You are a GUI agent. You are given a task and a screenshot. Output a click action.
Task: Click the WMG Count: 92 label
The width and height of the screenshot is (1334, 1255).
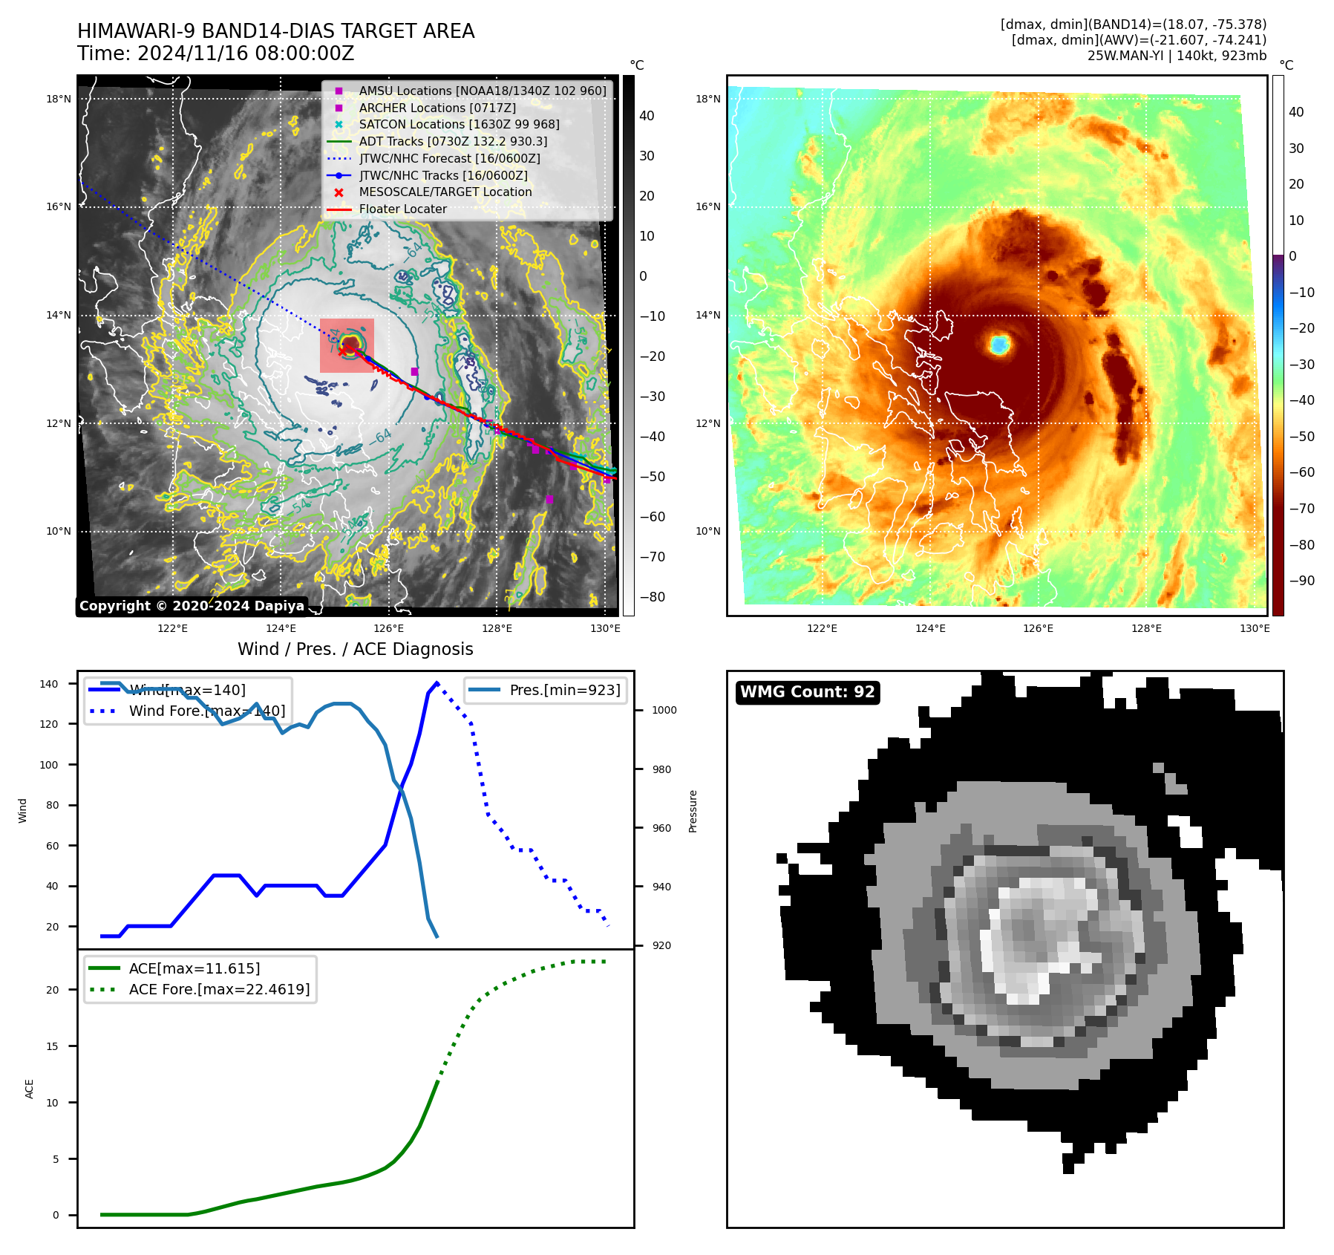point(807,692)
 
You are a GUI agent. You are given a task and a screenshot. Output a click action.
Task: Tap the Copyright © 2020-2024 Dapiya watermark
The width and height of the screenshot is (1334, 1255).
point(192,606)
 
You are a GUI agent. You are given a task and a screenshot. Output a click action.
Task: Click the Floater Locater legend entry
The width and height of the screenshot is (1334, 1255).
point(402,209)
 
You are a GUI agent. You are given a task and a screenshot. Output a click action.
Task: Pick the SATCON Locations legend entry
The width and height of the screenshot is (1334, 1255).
point(459,125)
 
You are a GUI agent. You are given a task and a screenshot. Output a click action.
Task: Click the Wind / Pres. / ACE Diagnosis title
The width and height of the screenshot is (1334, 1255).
point(355,649)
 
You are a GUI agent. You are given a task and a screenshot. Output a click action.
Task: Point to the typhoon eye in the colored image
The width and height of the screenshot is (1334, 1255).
point(999,344)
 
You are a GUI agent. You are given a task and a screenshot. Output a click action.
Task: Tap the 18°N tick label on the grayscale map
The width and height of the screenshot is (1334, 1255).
point(59,99)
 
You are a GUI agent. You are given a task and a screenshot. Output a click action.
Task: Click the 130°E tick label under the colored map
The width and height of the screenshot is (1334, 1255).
point(1254,628)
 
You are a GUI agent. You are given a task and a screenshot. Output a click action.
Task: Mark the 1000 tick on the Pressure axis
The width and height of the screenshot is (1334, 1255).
point(664,710)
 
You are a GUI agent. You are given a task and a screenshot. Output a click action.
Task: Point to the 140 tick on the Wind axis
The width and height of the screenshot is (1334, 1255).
point(49,684)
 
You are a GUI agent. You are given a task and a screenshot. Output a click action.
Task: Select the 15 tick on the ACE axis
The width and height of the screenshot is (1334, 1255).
point(52,1046)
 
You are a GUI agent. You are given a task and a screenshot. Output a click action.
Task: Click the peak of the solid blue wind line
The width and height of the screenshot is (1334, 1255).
point(437,682)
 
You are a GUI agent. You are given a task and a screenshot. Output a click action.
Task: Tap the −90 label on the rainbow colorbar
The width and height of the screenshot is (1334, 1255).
point(1301,581)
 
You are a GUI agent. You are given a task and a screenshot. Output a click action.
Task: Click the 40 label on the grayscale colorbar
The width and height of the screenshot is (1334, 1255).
point(647,116)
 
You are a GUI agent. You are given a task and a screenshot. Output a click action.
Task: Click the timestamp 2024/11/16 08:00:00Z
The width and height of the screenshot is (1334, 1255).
point(246,54)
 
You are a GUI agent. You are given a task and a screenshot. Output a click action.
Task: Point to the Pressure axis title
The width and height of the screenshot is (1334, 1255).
point(693,811)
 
